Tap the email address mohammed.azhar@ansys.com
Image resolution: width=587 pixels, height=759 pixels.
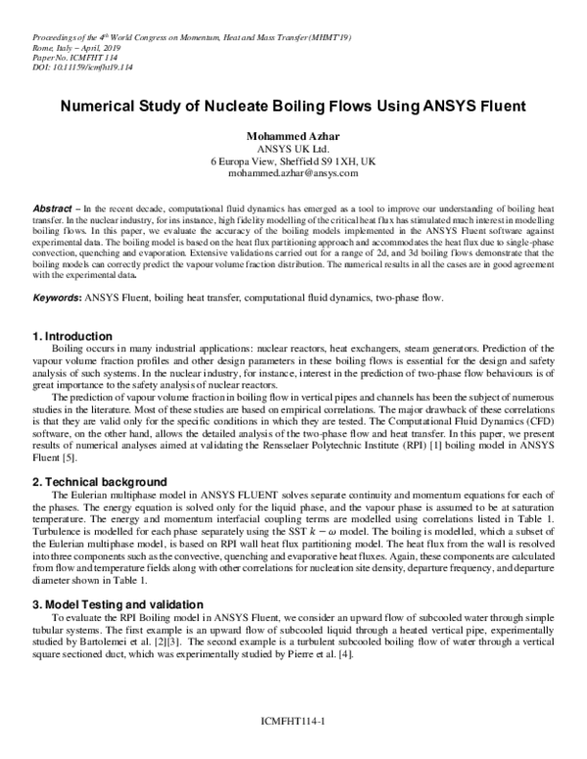293,172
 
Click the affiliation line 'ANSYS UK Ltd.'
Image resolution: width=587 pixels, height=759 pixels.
293,148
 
